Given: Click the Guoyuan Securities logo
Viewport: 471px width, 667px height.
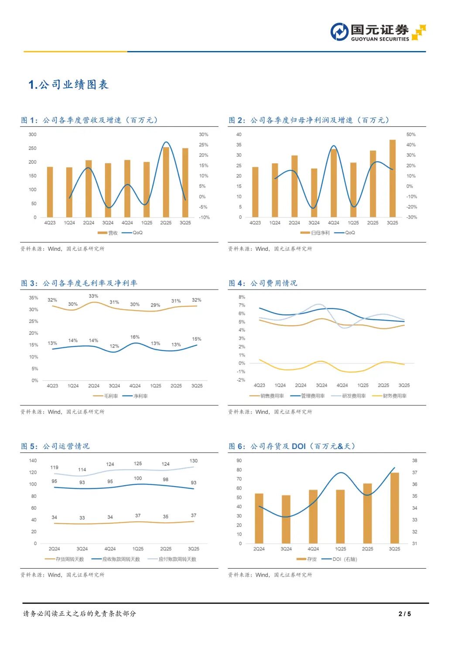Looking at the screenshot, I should pos(378,32).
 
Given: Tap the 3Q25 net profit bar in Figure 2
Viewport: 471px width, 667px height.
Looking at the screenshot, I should pos(392,178).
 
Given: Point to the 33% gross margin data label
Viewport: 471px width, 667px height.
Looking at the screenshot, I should pos(93,296).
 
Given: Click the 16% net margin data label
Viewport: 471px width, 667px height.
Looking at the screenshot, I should pos(135,337).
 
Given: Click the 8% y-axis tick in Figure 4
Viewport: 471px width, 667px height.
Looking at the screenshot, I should pos(242,297).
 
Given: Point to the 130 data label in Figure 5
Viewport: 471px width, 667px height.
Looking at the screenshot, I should pos(194,461).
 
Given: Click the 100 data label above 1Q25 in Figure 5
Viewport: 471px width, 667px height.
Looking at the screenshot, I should pos(138,478).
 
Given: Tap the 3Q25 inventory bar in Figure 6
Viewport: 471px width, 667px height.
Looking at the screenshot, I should pos(395,508).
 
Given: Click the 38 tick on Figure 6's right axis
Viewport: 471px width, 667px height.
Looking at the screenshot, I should pos(415,460).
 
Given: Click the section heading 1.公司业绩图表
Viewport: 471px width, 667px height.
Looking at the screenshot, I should pos(68,85).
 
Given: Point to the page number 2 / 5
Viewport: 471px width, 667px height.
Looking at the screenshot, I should pos(405,614).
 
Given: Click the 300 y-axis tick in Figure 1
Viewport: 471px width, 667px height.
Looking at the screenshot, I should pos(33,135).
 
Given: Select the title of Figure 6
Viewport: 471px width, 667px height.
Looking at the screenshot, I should pos(292,446).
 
